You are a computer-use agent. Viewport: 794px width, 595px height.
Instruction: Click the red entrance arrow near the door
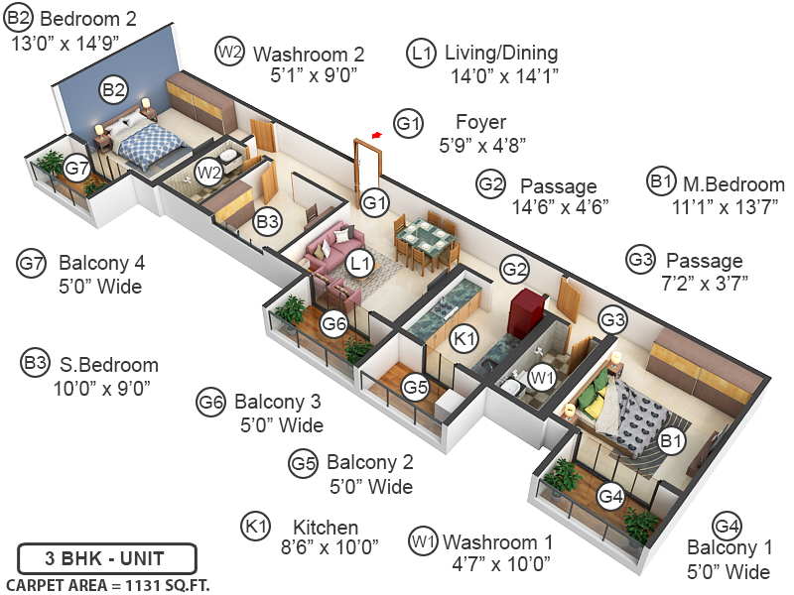pyautogui.click(x=376, y=134)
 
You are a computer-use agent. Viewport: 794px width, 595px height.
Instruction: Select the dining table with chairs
pyautogui.click(x=426, y=240)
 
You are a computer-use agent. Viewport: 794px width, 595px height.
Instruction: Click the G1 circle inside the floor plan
pyautogui.click(x=374, y=202)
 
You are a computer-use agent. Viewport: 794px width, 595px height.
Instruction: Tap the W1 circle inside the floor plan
pyautogui.click(x=541, y=377)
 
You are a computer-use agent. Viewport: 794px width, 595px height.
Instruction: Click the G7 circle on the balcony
pyautogui.click(x=77, y=169)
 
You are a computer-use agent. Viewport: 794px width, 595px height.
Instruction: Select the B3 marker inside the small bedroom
pyautogui.click(x=267, y=222)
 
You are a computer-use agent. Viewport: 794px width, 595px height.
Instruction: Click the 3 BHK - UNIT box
pyautogui.click(x=106, y=557)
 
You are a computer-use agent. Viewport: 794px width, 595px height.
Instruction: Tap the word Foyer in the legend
pyautogui.click(x=480, y=123)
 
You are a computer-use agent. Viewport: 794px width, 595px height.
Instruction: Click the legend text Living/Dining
pyautogui.click(x=501, y=53)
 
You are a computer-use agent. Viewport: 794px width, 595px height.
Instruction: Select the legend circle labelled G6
pyautogui.click(x=211, y=403)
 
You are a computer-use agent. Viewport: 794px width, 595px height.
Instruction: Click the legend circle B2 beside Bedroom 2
pyautogui.click(x=20, y=18)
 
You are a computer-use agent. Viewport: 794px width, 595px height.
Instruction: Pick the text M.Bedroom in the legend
pyautogui.click(x=732, y=184)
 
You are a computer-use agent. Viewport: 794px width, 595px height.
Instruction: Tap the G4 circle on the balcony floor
pyautogui.click(x=611, y=497)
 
